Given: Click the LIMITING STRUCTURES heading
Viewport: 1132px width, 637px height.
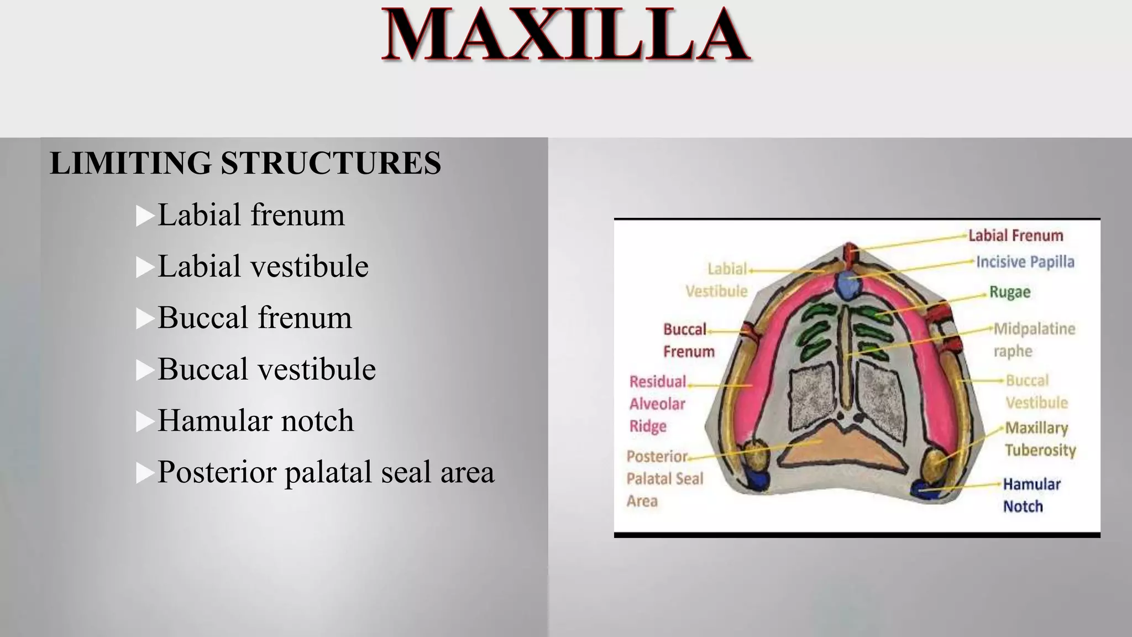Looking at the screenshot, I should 245,163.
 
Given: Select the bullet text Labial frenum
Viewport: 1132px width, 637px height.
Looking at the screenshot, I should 251,215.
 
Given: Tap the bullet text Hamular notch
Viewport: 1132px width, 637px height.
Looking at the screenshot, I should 255,420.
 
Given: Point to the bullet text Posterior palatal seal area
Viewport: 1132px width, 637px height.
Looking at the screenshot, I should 326,472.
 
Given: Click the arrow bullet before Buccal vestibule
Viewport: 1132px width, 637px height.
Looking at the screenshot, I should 145,369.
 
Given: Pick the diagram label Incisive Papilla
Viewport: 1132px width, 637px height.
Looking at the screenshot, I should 1025,262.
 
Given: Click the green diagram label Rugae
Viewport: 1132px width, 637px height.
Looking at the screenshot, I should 1009,292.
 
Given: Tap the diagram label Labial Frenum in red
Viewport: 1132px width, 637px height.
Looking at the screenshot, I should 1015,236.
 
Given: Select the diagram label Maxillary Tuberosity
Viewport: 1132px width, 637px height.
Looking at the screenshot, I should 1039,438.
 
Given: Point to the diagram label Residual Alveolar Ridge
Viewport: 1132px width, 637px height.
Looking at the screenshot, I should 657,404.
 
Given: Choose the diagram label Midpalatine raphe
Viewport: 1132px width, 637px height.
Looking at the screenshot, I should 1034,340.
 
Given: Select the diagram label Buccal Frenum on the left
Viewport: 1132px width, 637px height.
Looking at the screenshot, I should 688,340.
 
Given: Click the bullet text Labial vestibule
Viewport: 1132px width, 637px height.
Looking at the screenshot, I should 263,266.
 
